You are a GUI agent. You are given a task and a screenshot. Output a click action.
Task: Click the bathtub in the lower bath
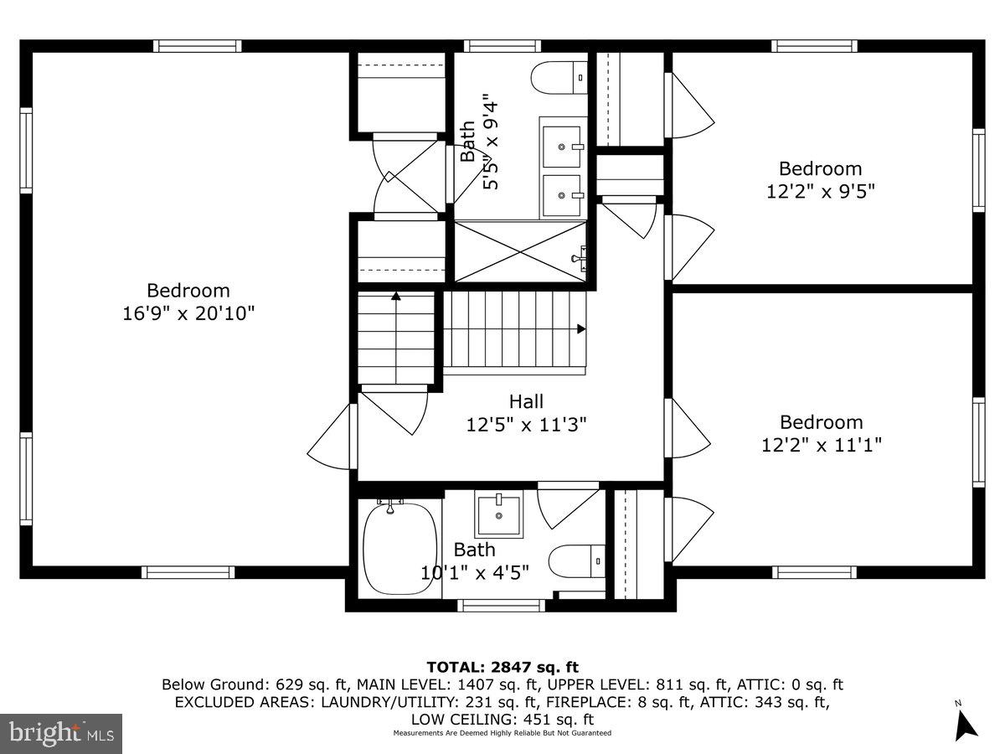pos(400,548)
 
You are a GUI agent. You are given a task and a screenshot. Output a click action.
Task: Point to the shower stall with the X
pos(519,251)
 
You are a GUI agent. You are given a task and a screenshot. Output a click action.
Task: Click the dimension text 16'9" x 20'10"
pos(188,313)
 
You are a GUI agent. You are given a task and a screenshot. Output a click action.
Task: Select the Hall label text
pos(526,401)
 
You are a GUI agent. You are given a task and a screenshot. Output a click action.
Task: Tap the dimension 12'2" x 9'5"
pos(820,191)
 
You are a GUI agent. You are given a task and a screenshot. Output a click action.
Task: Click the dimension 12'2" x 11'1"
pos(821,445)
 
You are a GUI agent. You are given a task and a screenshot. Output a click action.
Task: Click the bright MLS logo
pos(61,733)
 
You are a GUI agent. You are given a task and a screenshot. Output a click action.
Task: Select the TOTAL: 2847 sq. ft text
pos(502,667)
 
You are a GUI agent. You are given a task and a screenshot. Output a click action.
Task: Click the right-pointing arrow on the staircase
pos(580,329)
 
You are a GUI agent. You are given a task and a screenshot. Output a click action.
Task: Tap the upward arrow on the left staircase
pos(395,295)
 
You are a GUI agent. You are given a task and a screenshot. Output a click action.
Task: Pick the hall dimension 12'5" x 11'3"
pos(526,425)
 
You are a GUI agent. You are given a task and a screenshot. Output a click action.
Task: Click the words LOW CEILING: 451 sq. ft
pos(502,719)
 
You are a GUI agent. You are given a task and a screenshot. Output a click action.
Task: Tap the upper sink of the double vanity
pos(563,147)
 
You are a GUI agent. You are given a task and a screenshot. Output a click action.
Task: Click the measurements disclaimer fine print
pos(502,733)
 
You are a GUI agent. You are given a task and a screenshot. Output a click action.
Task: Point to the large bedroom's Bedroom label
pos(188,291)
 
